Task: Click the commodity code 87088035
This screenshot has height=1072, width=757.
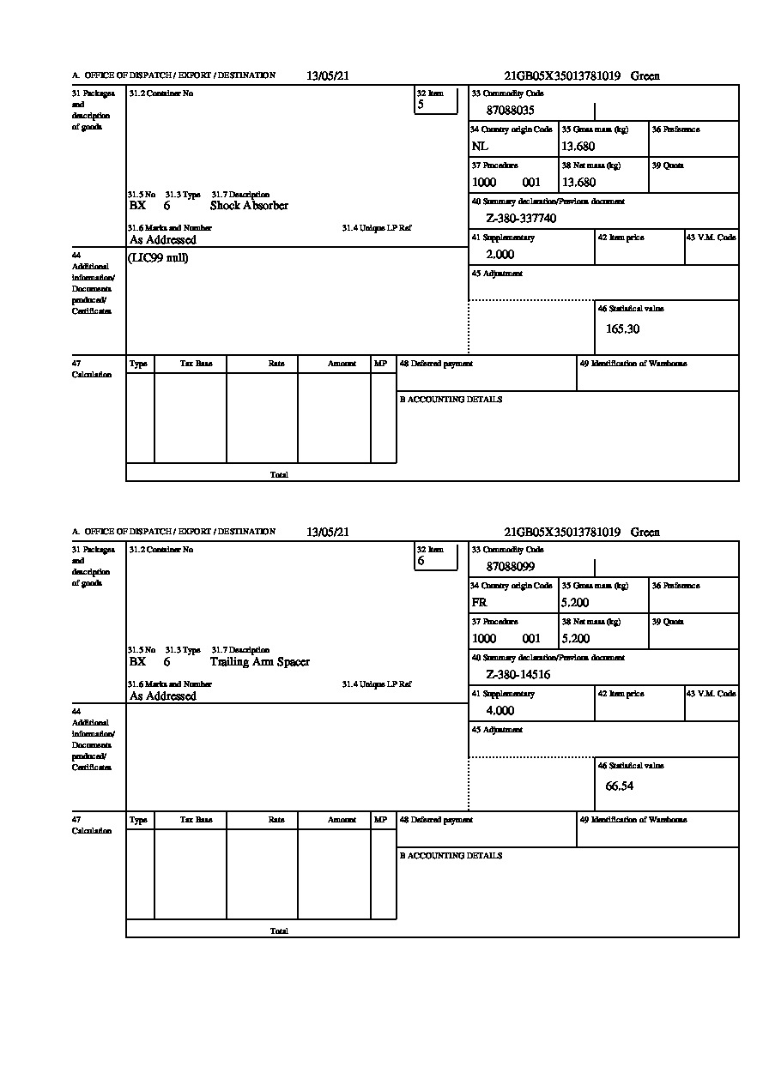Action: (511, 111)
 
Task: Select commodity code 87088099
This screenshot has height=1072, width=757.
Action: (511, 567)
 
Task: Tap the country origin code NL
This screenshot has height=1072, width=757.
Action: (480, 147)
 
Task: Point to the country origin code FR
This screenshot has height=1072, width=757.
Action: (480, 603)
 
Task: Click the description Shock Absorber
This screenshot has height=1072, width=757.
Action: (249, 206)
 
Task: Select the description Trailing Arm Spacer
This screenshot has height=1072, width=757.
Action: (259, 662)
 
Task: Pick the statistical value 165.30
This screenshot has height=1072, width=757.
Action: (622, 328)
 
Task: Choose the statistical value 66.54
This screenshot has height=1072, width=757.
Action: (619, 786)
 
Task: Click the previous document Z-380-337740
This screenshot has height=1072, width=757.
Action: (521, 219)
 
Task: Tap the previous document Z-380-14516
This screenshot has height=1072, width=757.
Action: (518, 675)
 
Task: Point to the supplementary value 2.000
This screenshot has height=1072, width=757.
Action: (500, 255)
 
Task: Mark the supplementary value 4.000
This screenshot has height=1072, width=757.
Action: (500, 711)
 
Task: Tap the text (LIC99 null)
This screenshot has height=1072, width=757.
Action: (159, 258)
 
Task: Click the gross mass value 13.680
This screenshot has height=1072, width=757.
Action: (578, 147)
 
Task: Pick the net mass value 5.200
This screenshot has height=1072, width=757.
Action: (575, 639)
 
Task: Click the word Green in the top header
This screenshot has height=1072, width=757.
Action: (645, 76)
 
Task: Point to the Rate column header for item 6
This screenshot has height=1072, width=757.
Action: (276, 820)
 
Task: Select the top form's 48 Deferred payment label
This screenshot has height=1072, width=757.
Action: (436, 364)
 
